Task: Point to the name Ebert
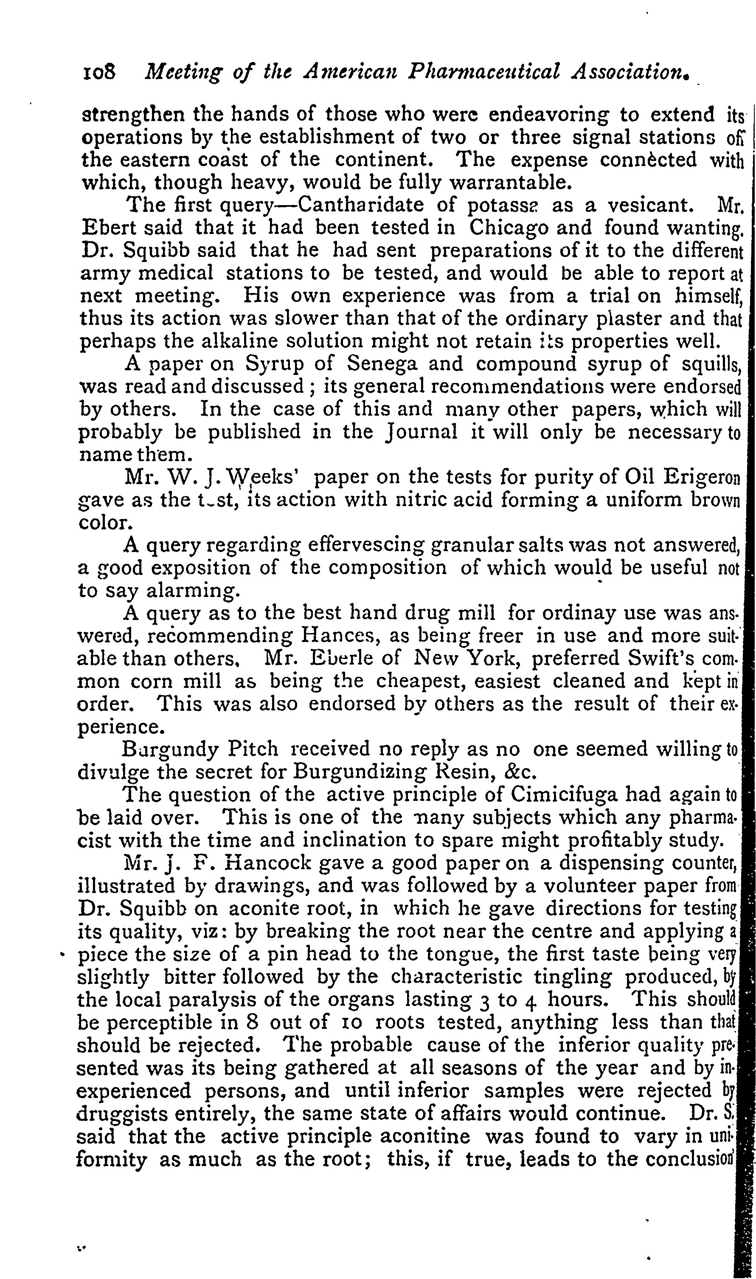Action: coord(107,228)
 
